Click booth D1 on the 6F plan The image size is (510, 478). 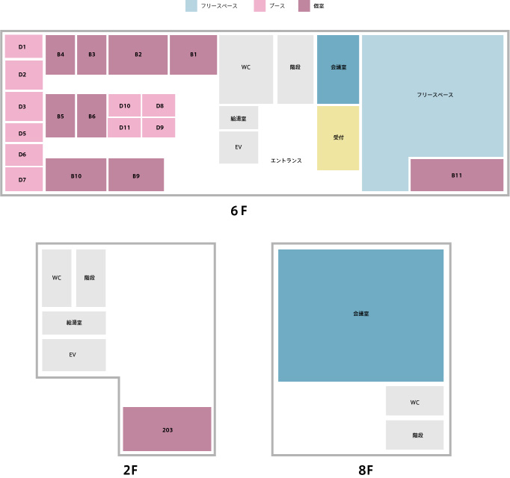[x=24, y=46]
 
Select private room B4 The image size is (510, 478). [x=60, y=55]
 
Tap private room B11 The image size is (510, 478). [x=457, y=175]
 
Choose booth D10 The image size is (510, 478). [x=125, y=105]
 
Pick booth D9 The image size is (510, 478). [x=159, y=128]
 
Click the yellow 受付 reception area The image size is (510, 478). [x=338, y=137]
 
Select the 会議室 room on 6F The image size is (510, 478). [x=338, y=69]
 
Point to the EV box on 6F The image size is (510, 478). [x=239, y=147]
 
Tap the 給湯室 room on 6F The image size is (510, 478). [x=239, y=117]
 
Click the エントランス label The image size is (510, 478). [x=286, y=161]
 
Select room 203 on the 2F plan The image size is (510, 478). [x=168, y=429]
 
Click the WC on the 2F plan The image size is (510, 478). [x=57, y=278]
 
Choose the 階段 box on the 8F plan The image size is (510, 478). [x=415, y=435]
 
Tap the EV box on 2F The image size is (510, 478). [x=74, y=355]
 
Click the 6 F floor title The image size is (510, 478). [x=239, y=211]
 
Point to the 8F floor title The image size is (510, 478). [x=366, y=470]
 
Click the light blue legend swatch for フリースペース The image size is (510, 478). [x=191, y=6]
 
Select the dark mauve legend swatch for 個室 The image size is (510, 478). [x=304, y=6]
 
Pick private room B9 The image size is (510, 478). [x=136, y=175]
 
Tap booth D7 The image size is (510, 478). [x=24, y=179]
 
